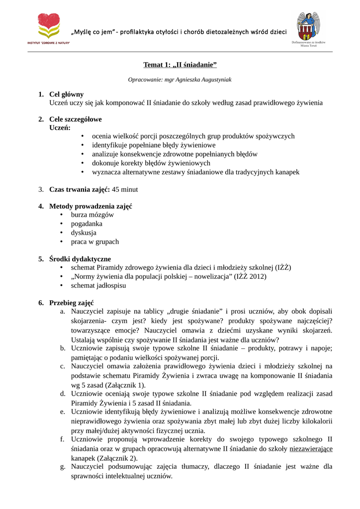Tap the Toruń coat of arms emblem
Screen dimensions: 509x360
[308, 26]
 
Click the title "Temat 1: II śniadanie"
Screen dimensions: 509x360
[180, 65]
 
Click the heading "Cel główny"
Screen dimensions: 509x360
[66, 94]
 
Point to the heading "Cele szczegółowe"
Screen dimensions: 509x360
[75, 119]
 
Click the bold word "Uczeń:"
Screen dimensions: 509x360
[60, 128]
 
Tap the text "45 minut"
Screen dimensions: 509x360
[125, 189]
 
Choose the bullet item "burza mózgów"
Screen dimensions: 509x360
[92, 215]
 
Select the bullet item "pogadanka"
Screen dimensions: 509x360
[87, 224]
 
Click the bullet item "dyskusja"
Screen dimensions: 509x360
[84, 233]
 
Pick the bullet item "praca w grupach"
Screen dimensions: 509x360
[94, 242]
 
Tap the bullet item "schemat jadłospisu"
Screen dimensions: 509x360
[98, 285]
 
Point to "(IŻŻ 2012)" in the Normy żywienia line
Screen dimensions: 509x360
[250, 276]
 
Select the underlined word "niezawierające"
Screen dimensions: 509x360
[311, 449]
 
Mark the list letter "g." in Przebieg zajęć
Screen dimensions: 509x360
[63, 467]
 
